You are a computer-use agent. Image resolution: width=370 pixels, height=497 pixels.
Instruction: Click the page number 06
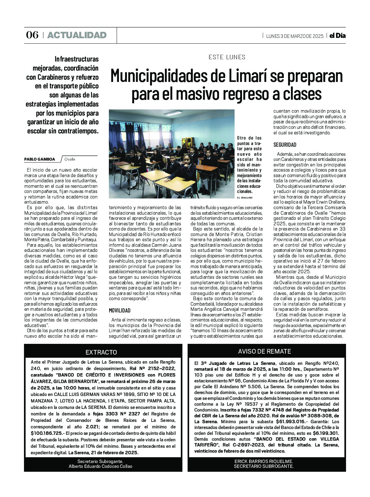[x=32, y=35]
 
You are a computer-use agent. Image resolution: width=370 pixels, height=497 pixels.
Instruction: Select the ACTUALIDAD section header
[x=77, y=35]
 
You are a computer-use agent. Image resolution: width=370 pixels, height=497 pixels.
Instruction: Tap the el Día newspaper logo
[x=337, y=36]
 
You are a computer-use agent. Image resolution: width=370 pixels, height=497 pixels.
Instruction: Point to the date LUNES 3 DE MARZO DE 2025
[x=295, y=36]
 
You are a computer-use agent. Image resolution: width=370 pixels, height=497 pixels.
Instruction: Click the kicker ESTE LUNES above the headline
[x=227, y=57]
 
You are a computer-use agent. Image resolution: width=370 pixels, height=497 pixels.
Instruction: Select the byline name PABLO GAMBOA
[x=40, y=159]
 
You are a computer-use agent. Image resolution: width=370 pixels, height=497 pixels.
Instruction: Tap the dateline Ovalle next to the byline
[x=70, y=159]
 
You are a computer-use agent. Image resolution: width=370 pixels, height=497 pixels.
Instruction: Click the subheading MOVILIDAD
[x=120, y=311]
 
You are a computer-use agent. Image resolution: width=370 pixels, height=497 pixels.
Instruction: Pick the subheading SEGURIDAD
[x=285, y=145]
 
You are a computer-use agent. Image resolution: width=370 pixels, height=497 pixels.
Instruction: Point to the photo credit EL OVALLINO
[x=244, y=197]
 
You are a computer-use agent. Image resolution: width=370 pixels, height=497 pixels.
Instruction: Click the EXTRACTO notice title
[x=101, y=352]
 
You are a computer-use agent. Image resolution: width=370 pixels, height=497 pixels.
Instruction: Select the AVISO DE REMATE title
[x=264, y=351]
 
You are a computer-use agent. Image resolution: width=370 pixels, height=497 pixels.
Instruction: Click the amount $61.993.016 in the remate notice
[x=291, y=421]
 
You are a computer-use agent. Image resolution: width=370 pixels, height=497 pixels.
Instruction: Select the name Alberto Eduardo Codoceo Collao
[x=100, y=466]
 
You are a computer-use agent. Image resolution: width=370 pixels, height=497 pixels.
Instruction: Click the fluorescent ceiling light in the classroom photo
[x=173, y=113]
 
